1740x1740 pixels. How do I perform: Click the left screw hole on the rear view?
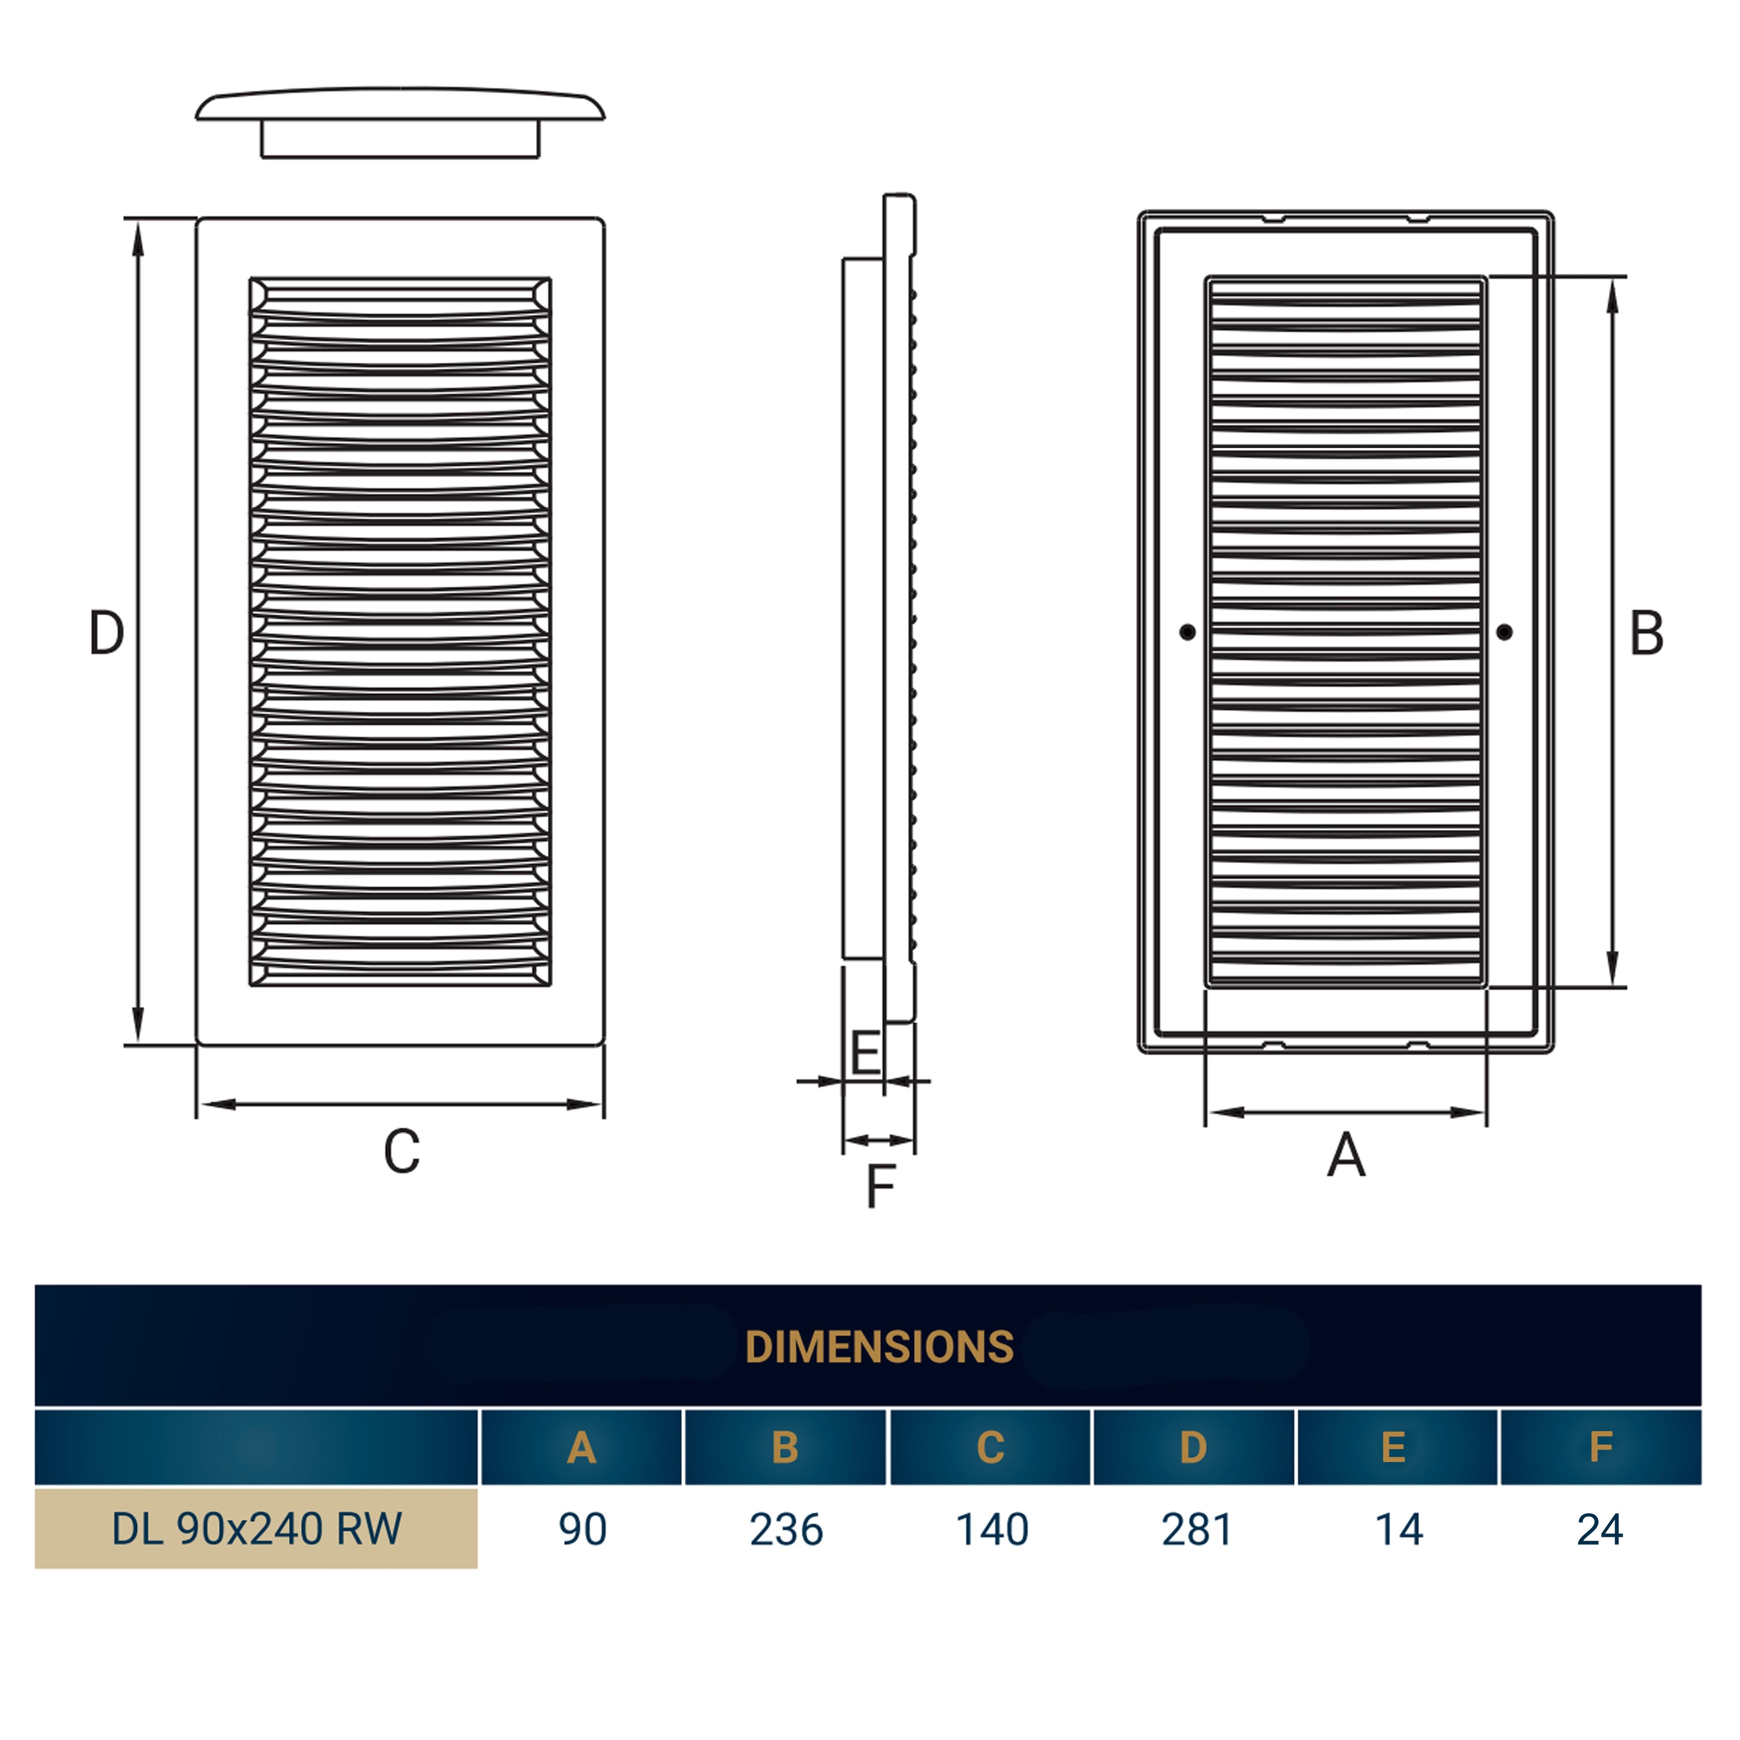(1188, 632)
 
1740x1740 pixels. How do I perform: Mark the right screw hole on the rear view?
(1505, 632)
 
